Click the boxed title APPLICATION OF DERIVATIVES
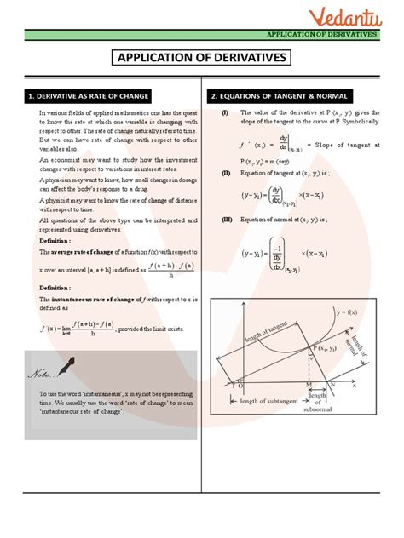coord(202,59)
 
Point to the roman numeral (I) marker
coord(225,112)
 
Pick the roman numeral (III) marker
coord(226,219)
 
